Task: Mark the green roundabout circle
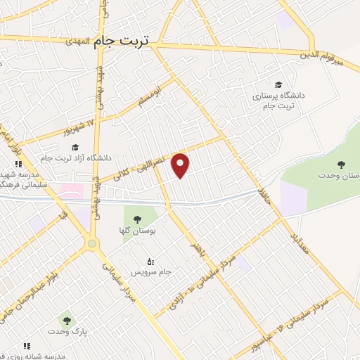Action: coord(92,243)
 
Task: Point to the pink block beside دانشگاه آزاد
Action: coord(70,190)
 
